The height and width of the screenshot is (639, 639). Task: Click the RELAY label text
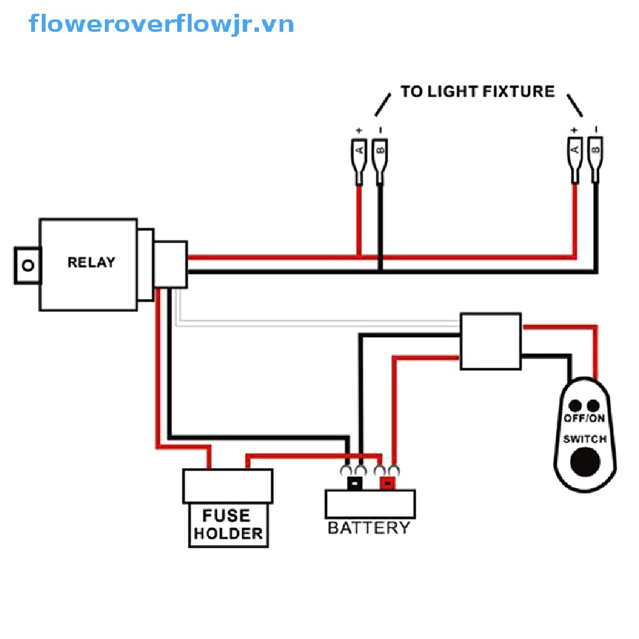click(x=91, y=262)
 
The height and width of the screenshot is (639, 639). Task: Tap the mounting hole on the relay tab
click(x=26, y=266)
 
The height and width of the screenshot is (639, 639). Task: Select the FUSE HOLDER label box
click(x=228, y=525)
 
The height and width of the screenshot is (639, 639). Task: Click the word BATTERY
click(x=369, y=528)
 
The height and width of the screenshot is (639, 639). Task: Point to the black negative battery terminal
click(x=354, y=483)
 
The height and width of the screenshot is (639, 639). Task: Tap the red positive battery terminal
click(x=388, y=483)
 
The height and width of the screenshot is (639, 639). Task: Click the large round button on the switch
click(x=585, y=462)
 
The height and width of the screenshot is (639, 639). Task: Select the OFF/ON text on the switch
click(x=585, y=418)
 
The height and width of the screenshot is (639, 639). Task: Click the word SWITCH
click(x=585, y=439)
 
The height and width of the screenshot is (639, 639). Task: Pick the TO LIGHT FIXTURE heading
click(x=477, y=92)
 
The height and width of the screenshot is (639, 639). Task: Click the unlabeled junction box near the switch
click(x=490, y=341)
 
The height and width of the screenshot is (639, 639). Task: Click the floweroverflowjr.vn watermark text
click(x=161, y=24)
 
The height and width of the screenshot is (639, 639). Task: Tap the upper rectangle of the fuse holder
click(x=228, y=486)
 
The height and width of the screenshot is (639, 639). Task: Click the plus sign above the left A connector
click(x=359, y=130)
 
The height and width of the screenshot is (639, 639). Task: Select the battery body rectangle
click(x=370, y=504)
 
